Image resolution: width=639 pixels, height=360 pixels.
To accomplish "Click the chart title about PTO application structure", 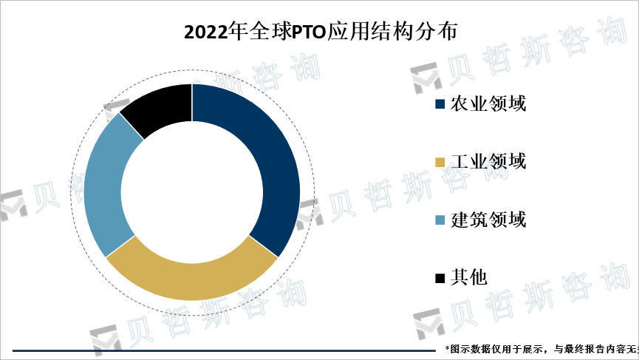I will tap(320, 33).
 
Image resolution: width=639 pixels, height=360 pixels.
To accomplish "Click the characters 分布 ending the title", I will tap(440, 33).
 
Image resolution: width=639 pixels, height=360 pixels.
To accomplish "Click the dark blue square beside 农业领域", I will tap(440, 104).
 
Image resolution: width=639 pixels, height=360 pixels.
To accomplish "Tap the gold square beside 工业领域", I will tap(440, 162).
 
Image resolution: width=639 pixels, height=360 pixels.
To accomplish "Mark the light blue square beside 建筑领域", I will tap(440, 220).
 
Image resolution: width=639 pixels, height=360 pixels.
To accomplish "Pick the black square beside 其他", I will tap(440, 278).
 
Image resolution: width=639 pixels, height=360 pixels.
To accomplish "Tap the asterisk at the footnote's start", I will tap(447, 347).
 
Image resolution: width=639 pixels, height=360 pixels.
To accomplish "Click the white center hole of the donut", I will tap(192, 192).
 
